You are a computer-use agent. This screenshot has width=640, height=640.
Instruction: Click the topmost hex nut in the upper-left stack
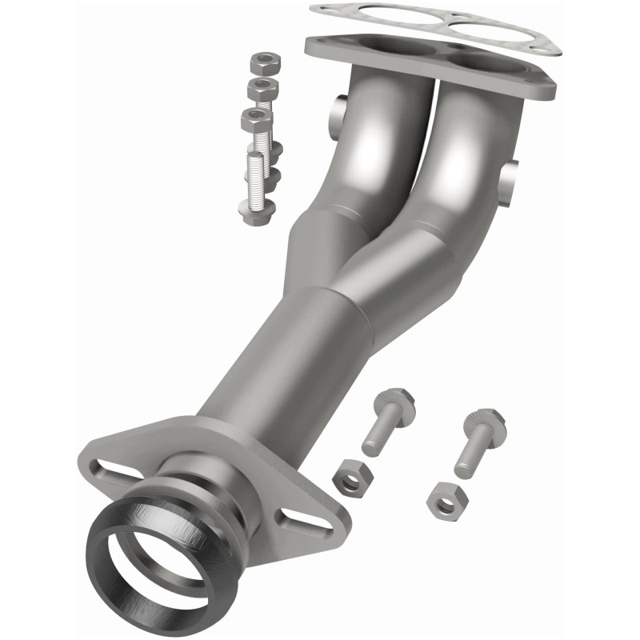point(262,61)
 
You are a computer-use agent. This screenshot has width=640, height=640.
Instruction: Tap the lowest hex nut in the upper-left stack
point(255,118)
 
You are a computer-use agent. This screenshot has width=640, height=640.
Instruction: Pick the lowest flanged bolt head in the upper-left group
point(257,210)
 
